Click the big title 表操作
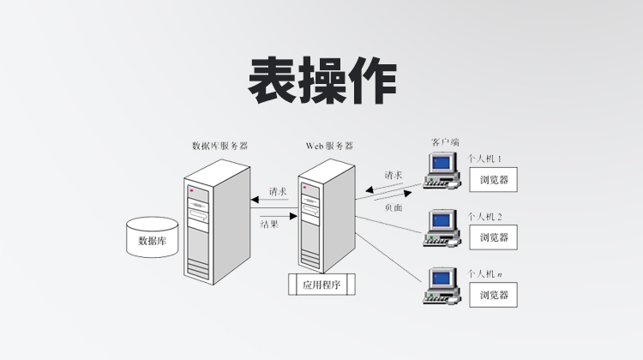coord(321,81)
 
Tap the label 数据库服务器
coord(220,146)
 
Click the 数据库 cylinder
coord(152,237)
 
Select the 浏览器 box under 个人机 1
coord(494,180)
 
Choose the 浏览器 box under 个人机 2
coord(494,237)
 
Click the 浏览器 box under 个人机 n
coord(494,295)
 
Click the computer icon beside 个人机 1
coord(442,170)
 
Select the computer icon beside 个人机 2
coord(442,226)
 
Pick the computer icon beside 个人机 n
coord(442,286)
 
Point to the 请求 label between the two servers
coord(277,191)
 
